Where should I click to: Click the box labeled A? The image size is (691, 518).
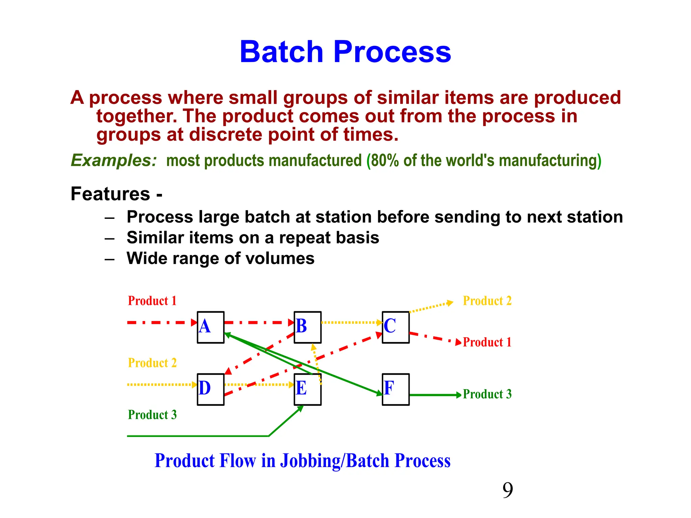[x=211, y=327]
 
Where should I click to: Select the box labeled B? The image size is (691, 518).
[x=307, y=327]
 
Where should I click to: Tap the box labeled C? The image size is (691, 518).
[x=395, y=327]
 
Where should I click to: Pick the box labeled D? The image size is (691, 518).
[x=211, y=389]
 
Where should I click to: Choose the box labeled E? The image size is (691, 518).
[x=307, y=389]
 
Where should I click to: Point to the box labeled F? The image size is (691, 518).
[x=395, y=389]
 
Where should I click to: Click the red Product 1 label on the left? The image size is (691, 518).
[x=152, y=300]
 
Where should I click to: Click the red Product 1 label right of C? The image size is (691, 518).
[x=487, y=342]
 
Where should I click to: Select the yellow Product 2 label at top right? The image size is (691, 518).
[x=487, y=300]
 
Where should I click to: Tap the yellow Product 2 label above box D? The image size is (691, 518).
[x=152, y=363]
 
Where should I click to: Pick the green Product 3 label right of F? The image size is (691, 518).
[x=487, y=394]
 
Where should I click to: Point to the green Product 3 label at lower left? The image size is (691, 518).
[x=152, y=414]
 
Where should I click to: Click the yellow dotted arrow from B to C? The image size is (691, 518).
[x=351, y=322]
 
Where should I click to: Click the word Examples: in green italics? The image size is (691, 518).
[x=114, y=160]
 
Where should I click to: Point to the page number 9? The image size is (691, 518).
[x=507, y=490]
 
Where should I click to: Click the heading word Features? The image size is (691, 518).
[x=110, y=194]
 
